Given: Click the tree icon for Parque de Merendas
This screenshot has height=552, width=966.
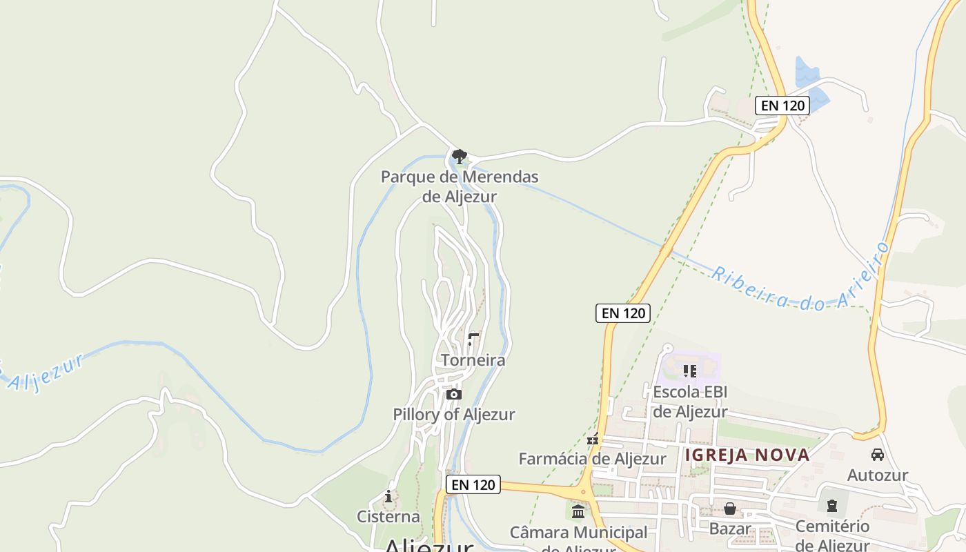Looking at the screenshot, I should (459, 156).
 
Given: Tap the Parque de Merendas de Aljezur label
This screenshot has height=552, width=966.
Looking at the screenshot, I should (460, 186).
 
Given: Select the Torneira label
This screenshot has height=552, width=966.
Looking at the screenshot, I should (473, 360).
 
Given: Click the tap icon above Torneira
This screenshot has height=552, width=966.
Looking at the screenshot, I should (473, 339).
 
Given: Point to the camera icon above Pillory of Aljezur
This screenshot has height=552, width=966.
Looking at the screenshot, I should (453, 395).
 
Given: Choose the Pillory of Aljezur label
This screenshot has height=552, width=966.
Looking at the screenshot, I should (454, 415).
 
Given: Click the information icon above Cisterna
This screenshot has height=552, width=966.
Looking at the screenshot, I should (388, 496).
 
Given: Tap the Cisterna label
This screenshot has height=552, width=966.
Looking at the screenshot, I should (388, 516).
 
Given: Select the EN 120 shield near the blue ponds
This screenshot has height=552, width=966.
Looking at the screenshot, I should (782, 106).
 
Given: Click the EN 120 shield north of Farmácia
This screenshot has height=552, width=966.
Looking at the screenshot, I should (623, 313).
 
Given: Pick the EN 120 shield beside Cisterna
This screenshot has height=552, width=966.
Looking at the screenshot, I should (473, 484).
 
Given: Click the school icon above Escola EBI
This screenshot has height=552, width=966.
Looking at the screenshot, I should (690, 371).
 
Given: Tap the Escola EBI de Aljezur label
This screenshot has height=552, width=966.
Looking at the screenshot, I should (690, 402).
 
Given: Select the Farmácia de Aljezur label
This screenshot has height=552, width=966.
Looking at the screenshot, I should (592, 459).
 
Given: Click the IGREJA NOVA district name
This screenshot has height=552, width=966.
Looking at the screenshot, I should (747, 455).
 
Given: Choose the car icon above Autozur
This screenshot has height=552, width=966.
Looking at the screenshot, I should (878, 455).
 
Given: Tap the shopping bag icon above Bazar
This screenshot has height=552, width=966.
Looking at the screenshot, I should (730, 509).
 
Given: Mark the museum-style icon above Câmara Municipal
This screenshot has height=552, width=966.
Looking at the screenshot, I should (578, 512).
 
